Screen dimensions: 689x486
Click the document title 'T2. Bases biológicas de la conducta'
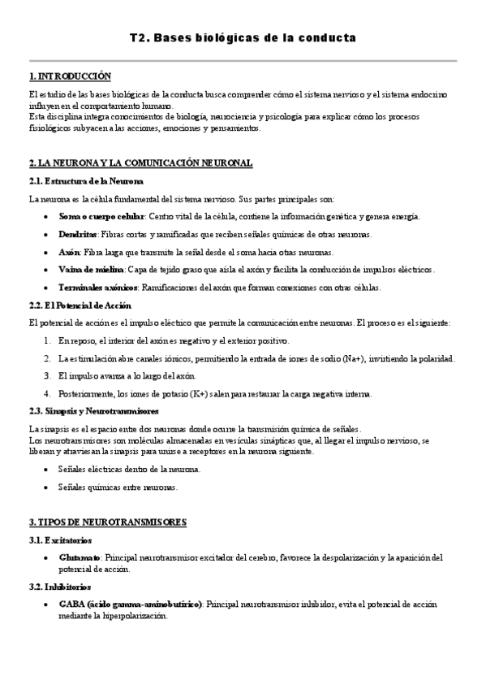click(243, 38)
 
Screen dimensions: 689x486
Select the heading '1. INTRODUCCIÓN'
click(69, 76)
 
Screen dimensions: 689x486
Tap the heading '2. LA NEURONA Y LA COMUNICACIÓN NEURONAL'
click(140, 163)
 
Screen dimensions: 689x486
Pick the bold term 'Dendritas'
click(79, 234)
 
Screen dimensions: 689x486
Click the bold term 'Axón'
click(69, 252)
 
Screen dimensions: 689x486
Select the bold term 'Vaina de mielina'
click(91, 269)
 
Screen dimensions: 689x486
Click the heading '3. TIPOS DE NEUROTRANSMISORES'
click(107, 521)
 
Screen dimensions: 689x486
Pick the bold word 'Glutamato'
click(80, 557)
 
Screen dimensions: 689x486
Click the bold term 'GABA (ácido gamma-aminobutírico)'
click(130, 604)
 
